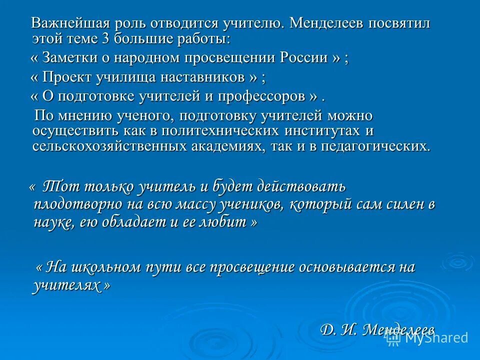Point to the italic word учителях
[x=65, y=285]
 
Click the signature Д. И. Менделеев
[x=377, y=329]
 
